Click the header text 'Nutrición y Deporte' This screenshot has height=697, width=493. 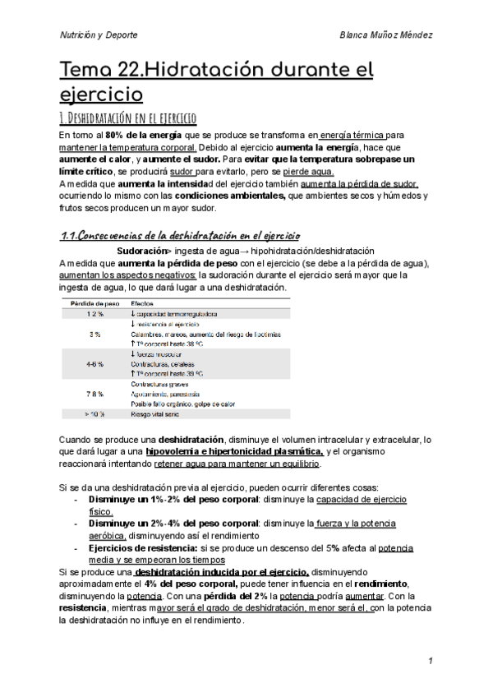[99, 35]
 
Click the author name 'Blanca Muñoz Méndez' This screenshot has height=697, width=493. [385, 35]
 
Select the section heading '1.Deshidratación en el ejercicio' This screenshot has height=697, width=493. [128, 118]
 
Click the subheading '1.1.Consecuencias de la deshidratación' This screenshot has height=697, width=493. [181, 235]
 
